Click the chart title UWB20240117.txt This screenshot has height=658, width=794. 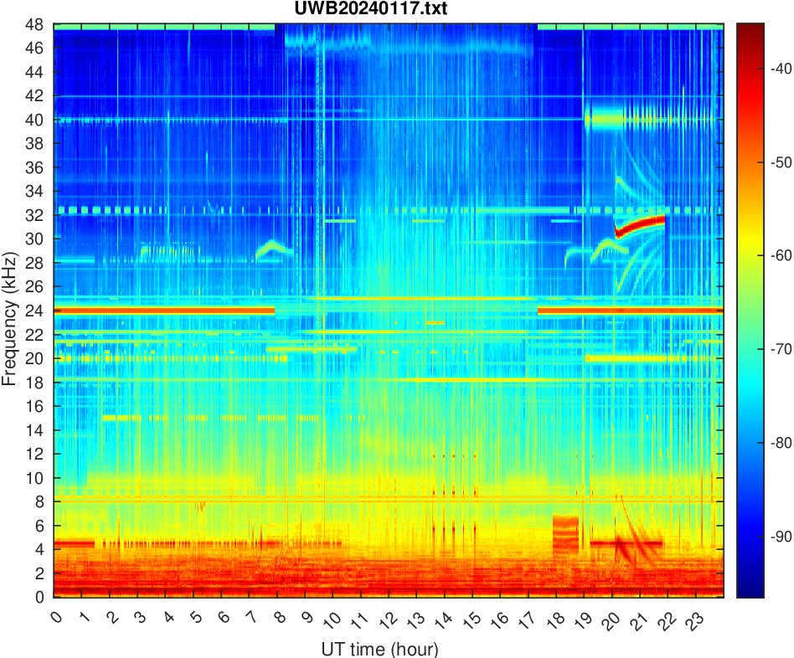[386, 9]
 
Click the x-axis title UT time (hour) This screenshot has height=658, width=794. [379, 648]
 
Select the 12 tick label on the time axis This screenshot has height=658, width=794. [385, 620]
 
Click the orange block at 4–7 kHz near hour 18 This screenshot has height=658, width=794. [565, 535]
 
